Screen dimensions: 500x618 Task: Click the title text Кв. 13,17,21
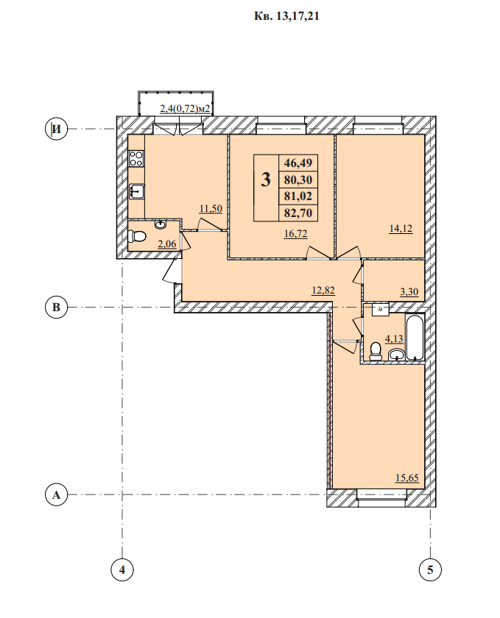point(286,16)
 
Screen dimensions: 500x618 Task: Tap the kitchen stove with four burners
point(136,158)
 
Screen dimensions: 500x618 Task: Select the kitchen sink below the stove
point(136,191)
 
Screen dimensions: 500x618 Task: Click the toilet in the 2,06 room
point(137,236)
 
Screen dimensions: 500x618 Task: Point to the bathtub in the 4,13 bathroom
point(415,338)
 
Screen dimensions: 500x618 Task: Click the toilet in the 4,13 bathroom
point(375,351)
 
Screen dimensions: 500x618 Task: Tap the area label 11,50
point(211,209)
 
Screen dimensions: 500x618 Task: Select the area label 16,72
point(295,234)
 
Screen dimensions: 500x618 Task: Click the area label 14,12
point(401,229)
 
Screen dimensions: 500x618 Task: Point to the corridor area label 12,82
point(323,291)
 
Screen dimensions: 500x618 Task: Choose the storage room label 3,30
point(409,292)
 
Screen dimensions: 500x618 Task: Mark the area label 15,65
point(407,478)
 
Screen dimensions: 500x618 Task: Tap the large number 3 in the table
point(266,180)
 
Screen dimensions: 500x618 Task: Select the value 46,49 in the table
point(298,163)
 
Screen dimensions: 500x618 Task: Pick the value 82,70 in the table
point(298,213)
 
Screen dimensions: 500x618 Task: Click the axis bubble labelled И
point(57,129)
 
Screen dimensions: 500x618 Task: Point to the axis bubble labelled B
point(57,307)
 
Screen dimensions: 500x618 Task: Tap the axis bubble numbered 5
point(430,569)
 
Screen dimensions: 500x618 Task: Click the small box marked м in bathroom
point(381,310)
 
